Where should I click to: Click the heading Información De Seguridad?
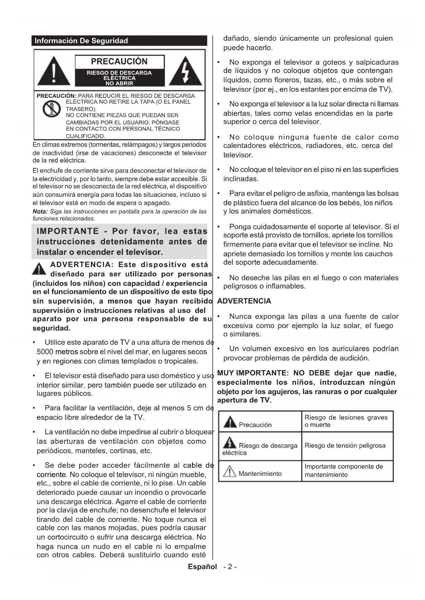[x=81, y=41]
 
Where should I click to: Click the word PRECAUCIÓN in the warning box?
[x=119, y=62]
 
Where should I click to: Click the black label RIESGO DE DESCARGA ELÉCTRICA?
[x=119, y=78]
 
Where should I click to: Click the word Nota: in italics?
[x=40, y=211]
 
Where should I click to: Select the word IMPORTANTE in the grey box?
[x=67, y=231]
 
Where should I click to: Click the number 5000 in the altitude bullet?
[x=45, y=352]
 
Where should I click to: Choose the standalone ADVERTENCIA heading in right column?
[x=244, y=301]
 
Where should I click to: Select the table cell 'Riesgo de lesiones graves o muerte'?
[x=346, y=421]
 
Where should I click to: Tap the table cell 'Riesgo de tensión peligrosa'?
[x=345, y=445]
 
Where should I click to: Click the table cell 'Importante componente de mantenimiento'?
[x=344, y=470]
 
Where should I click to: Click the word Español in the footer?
[x=202, y=566]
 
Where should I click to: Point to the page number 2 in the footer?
[x=230, y=567]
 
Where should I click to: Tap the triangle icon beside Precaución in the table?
[x=230, y=422]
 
